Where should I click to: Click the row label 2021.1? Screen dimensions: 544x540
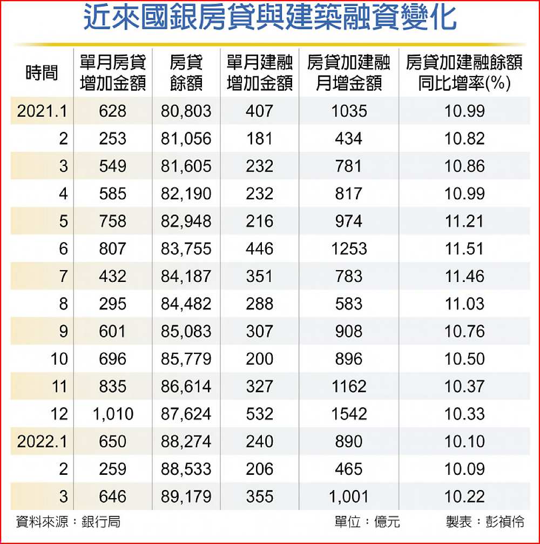tap(43, 111)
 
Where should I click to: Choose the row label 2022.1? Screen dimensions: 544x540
tap(43, 441)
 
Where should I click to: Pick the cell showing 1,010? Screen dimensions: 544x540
tap(113, 414)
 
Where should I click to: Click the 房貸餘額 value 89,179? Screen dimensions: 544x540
tap(186, 496)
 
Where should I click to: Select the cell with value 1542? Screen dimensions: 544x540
tap(348, 414)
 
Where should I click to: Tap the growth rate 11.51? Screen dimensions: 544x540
tap(464, 249)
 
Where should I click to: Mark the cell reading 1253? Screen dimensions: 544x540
tap(348, 249)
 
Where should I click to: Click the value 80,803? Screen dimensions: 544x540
tap(186, 111)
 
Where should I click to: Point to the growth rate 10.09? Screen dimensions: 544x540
tap(464, 469)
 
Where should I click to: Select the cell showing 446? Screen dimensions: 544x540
tap(260, 249)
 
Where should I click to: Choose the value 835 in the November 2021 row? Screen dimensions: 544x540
tap(113, 387)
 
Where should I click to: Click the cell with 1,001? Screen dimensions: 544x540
tap(348, 496)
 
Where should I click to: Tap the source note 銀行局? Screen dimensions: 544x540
tap(101, 522)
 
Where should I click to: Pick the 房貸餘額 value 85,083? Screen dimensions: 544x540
tap(186, 332)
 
